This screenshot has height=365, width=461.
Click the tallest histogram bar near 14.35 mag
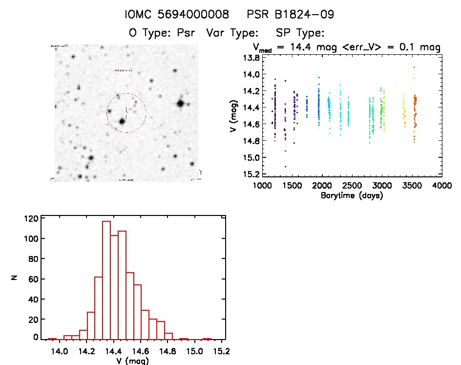[106, 279]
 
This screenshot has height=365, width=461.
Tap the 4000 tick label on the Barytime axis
[442, 186]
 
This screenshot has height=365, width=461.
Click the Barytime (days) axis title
[352, 195]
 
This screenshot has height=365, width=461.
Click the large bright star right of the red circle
[181, 103]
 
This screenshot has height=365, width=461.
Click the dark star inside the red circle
[122, 121]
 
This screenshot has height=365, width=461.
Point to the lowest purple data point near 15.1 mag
[285, 167]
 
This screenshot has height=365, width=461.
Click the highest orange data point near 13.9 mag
[414, 67]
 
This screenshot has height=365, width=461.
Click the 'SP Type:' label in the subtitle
[300, 33]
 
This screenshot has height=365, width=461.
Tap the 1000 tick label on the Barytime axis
[262, 186]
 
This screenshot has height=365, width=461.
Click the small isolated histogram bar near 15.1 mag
[207, 339]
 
